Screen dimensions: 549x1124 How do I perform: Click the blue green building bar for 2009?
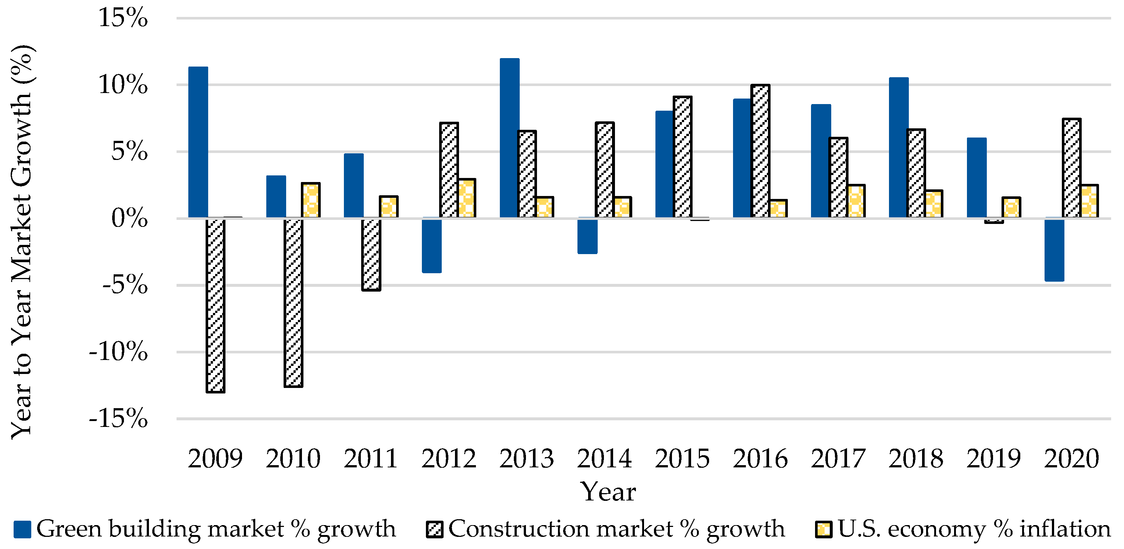[x=198, y=142]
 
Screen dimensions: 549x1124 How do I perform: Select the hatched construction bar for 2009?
[x=216, y=305]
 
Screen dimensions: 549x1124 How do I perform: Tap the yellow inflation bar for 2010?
[x=311, y=200]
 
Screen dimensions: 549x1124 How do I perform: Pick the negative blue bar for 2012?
[x=432, y=245]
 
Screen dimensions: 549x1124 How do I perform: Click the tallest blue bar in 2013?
[x=510, y=138]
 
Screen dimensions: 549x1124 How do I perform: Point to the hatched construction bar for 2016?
[x=761, y=151]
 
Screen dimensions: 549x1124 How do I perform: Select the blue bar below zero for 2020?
[x=1054, y=250]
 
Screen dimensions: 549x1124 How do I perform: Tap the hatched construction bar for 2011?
[x=371, y=254]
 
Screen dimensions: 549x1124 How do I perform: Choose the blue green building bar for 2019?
[x=977, y=178]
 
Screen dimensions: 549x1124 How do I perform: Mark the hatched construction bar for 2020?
[x=1072, y=168]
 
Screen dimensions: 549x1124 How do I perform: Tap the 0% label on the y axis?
[x=129, y=218]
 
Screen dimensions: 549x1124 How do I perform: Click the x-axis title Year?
[x=608, y=492]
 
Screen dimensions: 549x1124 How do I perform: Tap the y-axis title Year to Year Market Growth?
[x=22, y=242]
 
